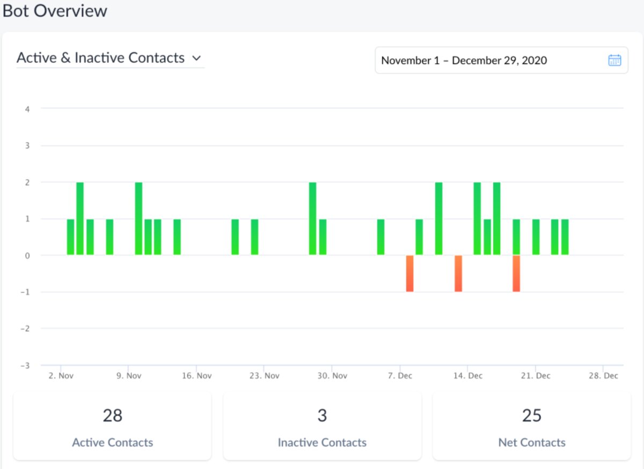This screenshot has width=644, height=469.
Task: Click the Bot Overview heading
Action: tap(55, 11)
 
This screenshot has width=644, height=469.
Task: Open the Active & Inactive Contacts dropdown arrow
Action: tap(196, 58)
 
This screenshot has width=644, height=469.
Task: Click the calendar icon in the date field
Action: tap(614, 60)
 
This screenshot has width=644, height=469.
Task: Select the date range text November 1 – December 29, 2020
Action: tap(464, 60)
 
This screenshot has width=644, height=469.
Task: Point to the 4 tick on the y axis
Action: tap(27, 109)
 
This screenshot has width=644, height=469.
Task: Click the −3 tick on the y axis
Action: tap(25, 365)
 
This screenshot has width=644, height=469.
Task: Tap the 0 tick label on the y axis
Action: tap(27, 255)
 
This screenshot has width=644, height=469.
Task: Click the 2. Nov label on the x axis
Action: tap(61, 376)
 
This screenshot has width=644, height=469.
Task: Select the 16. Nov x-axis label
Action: tap(196, 376)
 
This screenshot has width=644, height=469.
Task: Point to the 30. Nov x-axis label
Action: tap(332, 376)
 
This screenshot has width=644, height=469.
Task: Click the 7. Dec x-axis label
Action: tap(399, 376)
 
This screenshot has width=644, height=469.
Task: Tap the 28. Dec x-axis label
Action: tap(603, 376)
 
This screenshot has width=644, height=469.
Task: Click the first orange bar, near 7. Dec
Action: tap(410, 274)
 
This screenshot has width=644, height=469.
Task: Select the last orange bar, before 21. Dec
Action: tap(516, 274)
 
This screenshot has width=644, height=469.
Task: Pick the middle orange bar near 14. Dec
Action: tap(458, 274)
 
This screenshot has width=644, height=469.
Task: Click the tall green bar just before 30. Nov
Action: tap(312, 219)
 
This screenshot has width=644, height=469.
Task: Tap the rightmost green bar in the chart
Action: tap(565, 237)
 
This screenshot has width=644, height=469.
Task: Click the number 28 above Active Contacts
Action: tap(113, 415)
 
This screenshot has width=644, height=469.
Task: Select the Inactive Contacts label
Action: tap(322, 443)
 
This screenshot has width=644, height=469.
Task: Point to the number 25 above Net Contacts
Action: tap(532, 415)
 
